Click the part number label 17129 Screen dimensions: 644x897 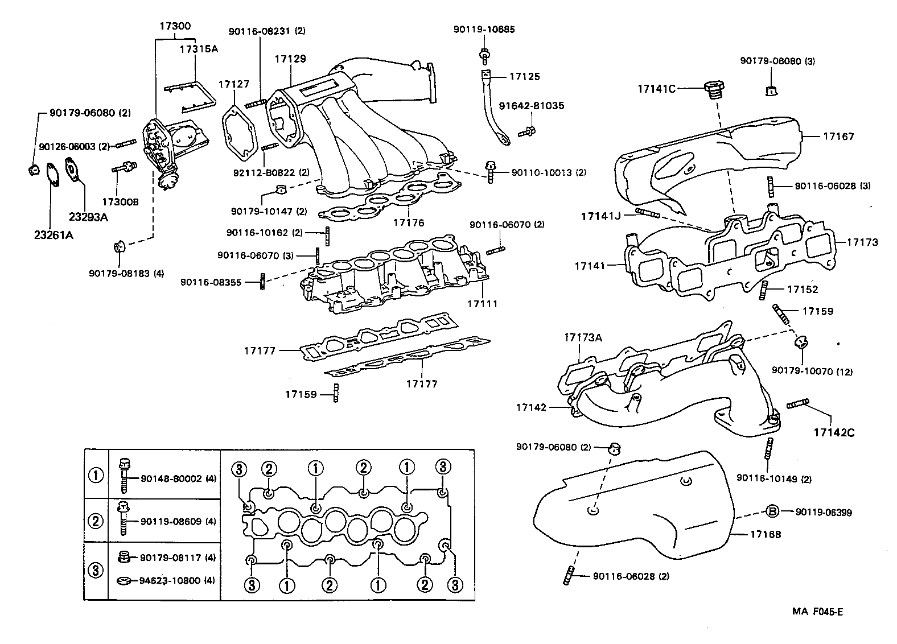tap(290, 59)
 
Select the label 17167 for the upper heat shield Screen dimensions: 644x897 tap(838, 137)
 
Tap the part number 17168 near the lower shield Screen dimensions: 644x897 tap(765, 534)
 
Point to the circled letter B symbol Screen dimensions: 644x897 tap(771, 512)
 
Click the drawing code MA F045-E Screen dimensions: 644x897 tap(817, 612)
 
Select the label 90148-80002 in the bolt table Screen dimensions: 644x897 tap(171, 479)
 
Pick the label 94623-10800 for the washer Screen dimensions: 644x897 tap(171, 581)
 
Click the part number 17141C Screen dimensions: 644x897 tap(656, 88)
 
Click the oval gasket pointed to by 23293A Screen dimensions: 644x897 tap(73, 169)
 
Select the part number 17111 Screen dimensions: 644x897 tap(482, 304)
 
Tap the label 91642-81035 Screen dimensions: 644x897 tap(531, 106)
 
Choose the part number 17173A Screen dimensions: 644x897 tap(583, 337)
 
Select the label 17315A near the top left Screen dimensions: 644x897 tap(199, 49)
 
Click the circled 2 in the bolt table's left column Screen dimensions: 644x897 tap(96, 521)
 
